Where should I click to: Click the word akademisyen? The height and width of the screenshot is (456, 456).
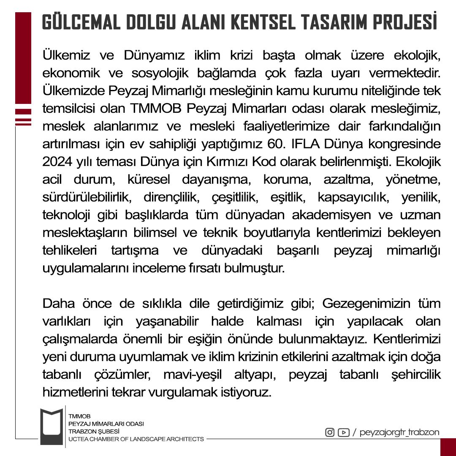(x=334, y=215)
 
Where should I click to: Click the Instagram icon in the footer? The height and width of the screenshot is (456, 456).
(x=329, y=432)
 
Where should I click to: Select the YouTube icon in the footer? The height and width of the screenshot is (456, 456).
(x=343, y=432)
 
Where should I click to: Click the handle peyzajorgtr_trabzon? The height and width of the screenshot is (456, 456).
(x=399, y=432)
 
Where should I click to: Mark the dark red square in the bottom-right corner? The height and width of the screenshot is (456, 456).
(x=448, y=447)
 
